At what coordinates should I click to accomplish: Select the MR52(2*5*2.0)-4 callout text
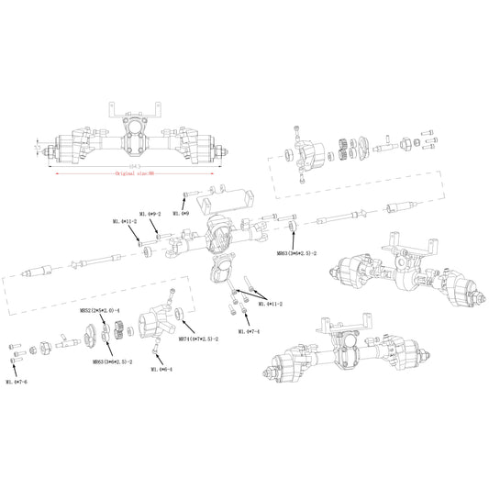point(100,310)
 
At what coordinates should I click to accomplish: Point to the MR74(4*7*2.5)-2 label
point(197,338)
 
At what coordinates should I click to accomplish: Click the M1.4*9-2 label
point(150,213)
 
